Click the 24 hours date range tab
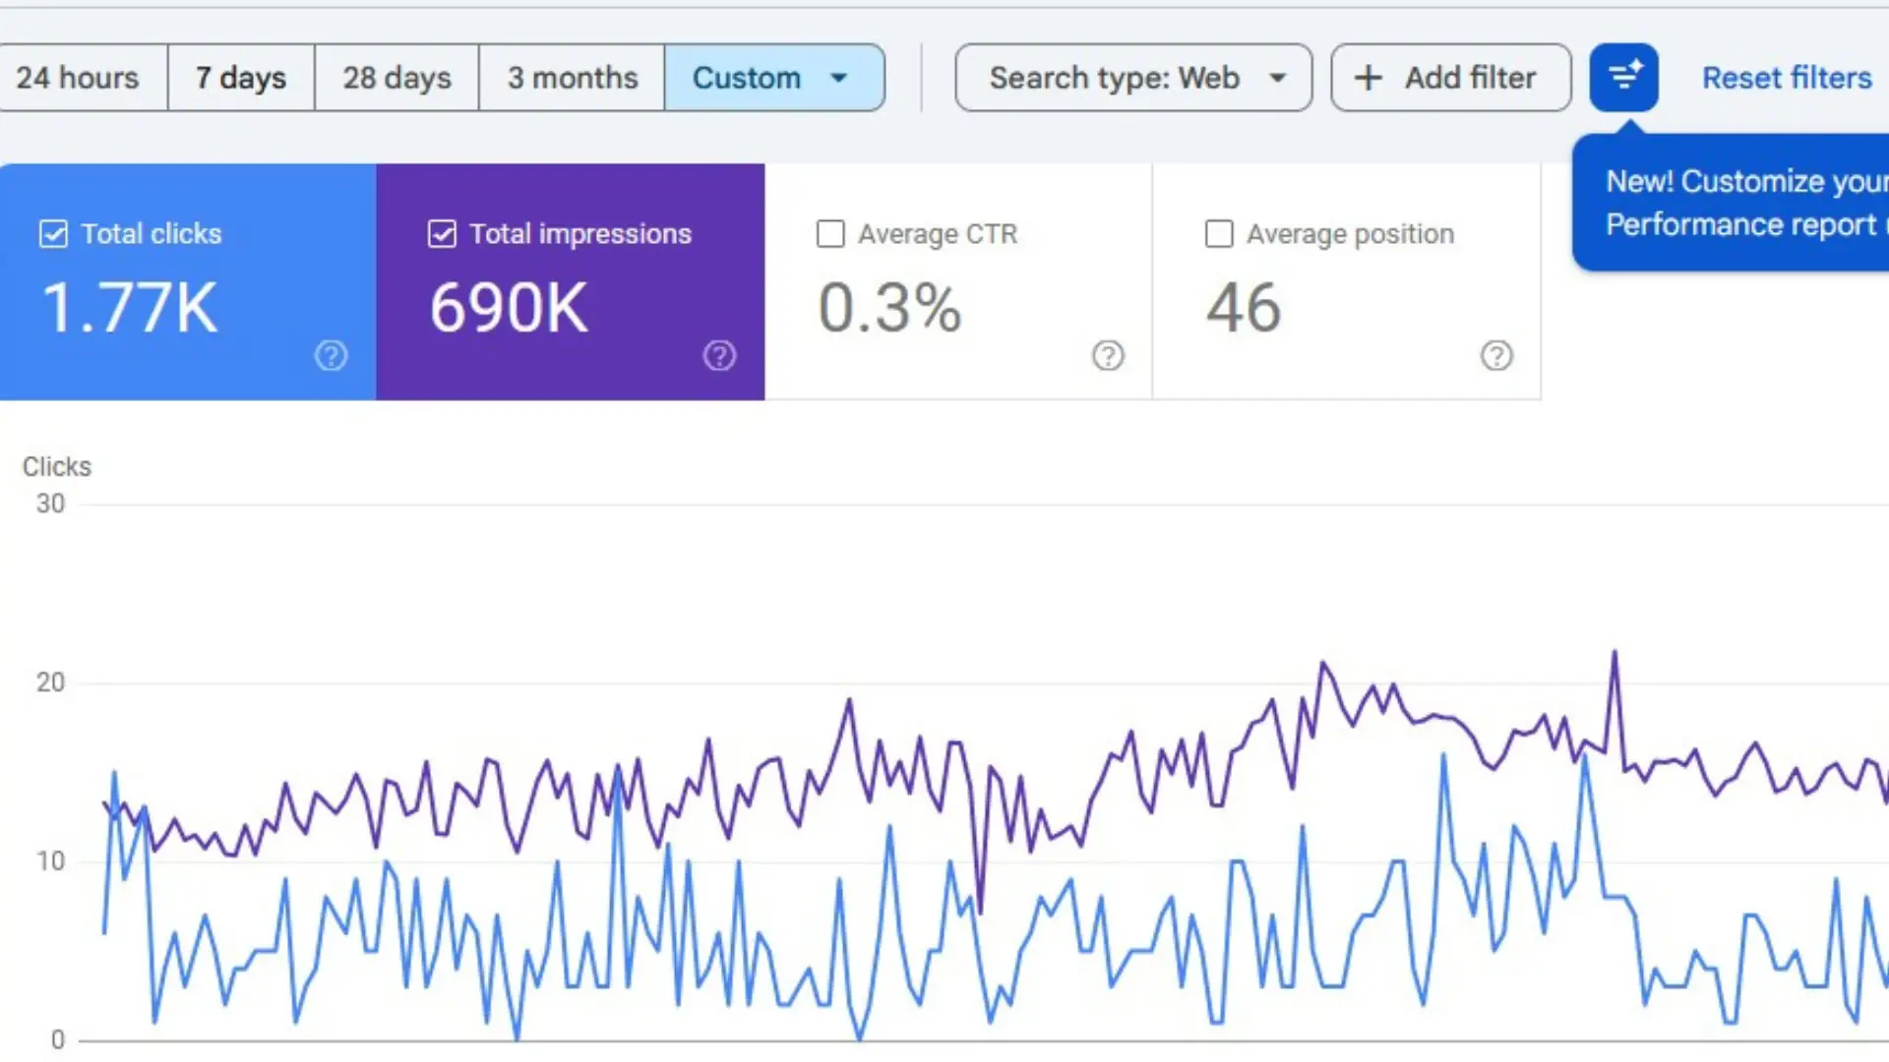click(79, 78)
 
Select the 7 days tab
click(241, 78)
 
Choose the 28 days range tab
click(396, 78)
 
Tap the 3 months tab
click(572, 78)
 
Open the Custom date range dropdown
click(773, 78)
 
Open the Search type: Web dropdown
click(1133, 78)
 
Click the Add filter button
click(1450, 78)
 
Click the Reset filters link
click(1787, 78)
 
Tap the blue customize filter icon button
click(1623, 77)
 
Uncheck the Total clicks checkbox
click(53, 234)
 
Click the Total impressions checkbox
click(442, 234)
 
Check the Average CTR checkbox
click(830, 234)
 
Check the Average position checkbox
click(1219, 234)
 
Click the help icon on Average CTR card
click(1108, 356)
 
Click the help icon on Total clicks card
click(331, 356)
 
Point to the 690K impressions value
click(509, 308)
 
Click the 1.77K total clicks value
click(129, 308)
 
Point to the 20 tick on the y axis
click(50, 682)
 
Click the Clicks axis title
click(57, 466)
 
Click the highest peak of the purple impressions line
click(1615, 652)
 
